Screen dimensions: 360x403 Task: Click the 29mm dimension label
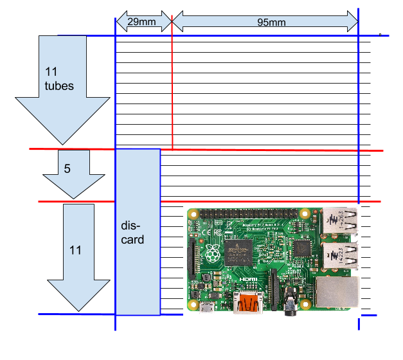(141, 21)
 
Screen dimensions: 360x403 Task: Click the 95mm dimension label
(271, 21)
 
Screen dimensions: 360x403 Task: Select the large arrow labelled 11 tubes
(62, 90)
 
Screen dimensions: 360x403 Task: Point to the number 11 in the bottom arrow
(75, 250)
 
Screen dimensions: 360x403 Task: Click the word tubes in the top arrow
(59, 85)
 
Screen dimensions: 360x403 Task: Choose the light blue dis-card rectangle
(138, 231)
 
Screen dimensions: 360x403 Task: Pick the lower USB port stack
(340, 255)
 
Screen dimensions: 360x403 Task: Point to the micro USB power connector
(206, 309)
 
